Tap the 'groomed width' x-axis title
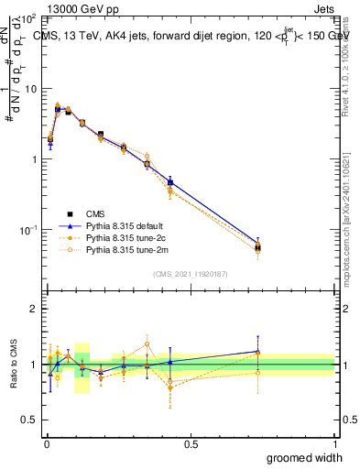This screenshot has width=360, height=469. point(305,457)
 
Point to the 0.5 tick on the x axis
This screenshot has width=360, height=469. point(191,443)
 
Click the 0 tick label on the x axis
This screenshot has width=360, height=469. point(47,443)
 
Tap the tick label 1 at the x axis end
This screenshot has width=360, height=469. point(334,443)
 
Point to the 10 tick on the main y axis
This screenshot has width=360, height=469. point(30,89)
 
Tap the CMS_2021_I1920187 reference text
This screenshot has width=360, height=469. point(191,272)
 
